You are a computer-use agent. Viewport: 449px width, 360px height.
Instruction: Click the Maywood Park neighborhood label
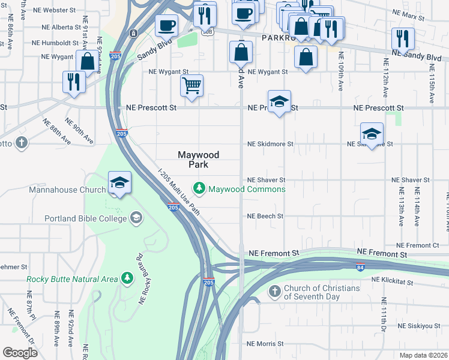[199, 159]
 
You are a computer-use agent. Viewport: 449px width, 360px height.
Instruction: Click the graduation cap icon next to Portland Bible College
[136, 218]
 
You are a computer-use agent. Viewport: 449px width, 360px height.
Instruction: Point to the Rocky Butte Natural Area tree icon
[126, 278]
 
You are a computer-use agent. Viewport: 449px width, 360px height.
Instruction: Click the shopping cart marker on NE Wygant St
[191, 85]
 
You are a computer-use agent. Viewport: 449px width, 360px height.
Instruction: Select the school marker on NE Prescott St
[279, 101]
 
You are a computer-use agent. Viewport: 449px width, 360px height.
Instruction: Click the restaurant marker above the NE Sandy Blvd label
[403, 38]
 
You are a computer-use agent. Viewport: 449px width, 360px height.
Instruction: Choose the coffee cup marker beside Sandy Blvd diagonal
[166, 26]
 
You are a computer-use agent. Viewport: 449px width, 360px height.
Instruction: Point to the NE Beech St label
[265, 216]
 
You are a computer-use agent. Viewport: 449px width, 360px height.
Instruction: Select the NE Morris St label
[265, 344]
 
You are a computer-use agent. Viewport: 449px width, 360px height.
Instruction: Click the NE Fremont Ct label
[418, 245]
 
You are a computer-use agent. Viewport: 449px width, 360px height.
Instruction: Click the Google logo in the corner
[20, 352]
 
